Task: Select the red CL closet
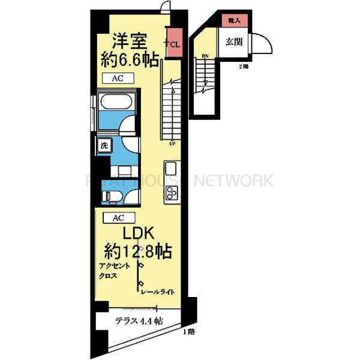175,43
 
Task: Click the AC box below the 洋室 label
118,79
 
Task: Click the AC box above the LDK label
118,218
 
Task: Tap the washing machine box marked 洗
104,145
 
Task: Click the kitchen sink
170,167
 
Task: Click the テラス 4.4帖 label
139,321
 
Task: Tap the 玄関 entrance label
233,41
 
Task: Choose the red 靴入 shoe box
234,20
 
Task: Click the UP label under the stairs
172,143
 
